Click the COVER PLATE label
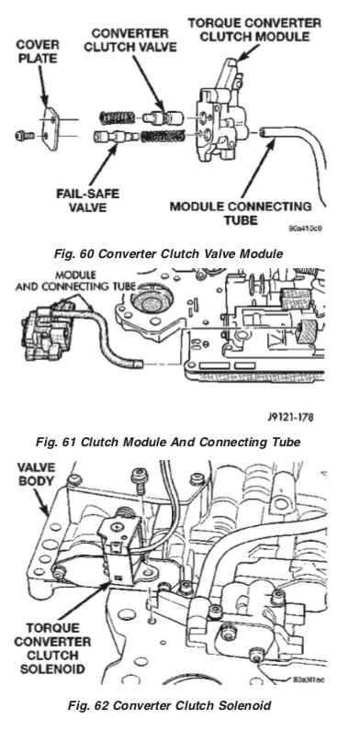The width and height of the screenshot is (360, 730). [38, 51]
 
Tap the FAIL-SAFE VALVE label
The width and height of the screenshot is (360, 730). [88, 200]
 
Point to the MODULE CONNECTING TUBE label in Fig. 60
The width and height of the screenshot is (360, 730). [241, 212]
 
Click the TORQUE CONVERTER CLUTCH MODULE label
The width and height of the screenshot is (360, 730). [254, 29]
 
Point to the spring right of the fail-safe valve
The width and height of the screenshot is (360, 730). [163, 136]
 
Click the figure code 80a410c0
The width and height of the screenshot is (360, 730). [305, 229]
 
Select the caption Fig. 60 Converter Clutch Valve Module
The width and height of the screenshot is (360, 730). [168, 253]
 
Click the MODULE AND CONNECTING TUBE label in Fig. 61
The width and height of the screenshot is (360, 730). [75, 281]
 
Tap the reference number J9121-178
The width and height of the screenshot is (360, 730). [290, 416]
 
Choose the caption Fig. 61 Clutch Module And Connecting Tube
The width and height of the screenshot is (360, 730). [168, 442]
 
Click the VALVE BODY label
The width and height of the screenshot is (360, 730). [37, 474]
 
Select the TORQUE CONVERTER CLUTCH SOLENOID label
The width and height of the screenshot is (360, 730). [52, 648]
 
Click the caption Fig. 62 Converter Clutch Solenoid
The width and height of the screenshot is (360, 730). [170, 705]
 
